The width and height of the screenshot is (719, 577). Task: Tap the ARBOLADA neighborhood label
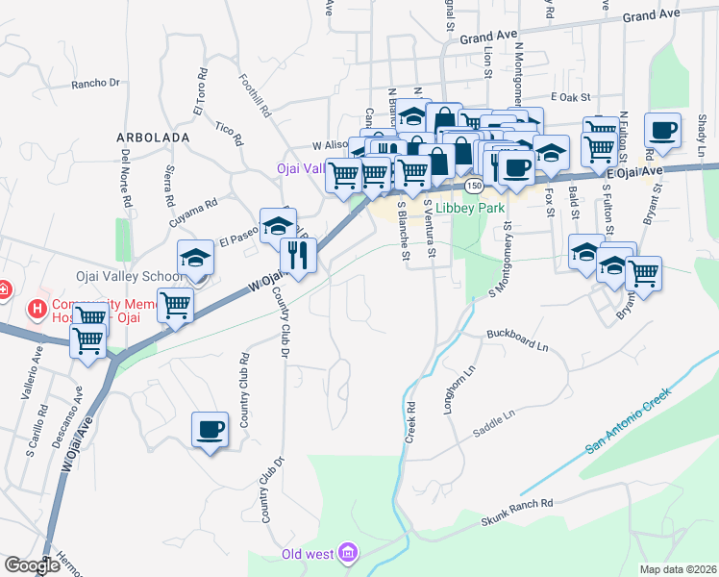coord(153,138)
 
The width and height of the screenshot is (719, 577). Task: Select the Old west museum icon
coord(348,553)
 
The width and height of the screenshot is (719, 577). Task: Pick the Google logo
coord(31,565)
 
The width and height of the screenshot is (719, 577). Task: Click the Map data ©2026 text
coord(678,569)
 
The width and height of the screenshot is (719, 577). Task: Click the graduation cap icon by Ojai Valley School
coord(195,258)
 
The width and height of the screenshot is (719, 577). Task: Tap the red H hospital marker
coord(37,308)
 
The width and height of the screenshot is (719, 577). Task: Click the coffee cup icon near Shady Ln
coord(661,130)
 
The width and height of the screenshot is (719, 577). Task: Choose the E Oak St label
coord(570,97)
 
